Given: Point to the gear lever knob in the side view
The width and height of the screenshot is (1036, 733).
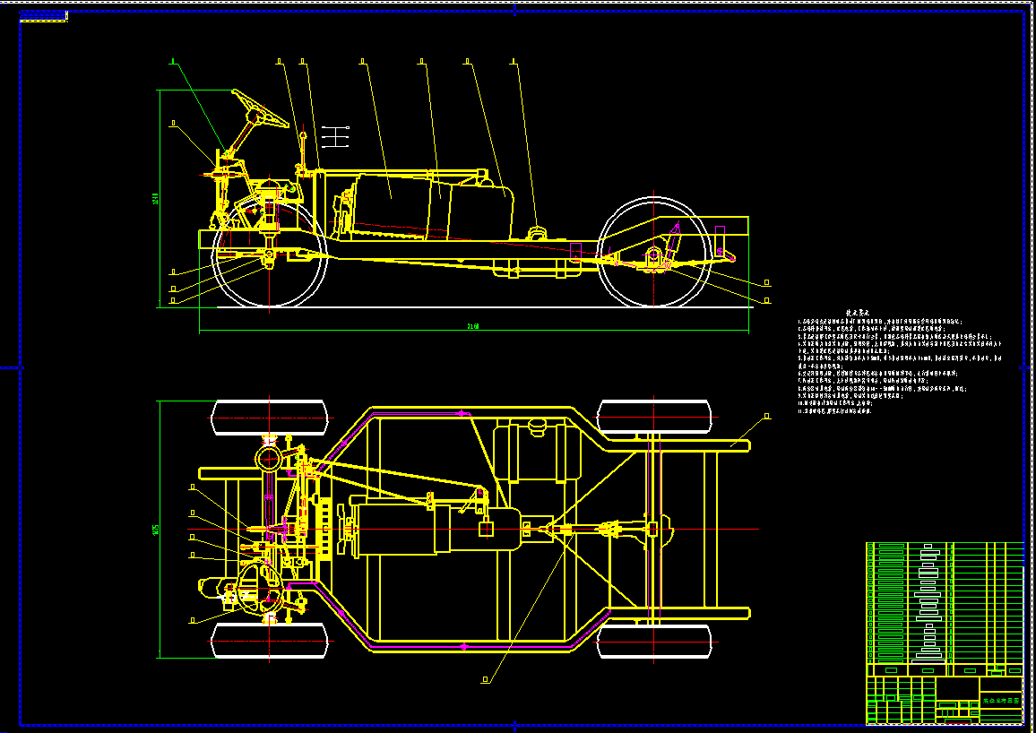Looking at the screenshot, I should (x=303, y=135).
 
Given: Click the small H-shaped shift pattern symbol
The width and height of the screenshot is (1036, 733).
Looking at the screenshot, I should (x=334, y=137).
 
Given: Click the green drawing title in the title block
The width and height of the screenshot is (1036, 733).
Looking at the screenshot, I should (x=1001, y=700).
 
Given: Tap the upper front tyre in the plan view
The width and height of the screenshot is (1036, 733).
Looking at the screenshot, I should (x=269, y=417).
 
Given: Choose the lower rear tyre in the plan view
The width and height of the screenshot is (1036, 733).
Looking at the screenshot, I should (x=654, y=640).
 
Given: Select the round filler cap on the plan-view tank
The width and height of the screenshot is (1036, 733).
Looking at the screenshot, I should (x=538, y=425).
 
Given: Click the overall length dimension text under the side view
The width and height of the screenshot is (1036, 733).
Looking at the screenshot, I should (x=472, y=326).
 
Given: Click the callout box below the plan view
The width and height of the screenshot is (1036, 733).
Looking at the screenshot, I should (x=486, y=679).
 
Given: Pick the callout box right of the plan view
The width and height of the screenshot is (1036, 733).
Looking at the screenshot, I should (x=767, y=417).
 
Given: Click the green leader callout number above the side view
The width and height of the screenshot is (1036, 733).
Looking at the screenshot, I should (x=173, y=62).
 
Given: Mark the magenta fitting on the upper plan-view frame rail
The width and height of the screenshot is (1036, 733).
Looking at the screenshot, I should (x=462, y=413).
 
